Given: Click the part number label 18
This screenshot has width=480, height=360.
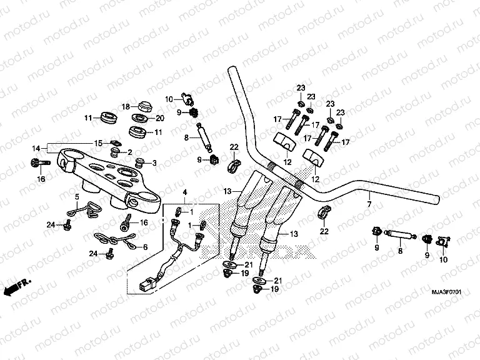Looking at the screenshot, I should [x=125, y=106].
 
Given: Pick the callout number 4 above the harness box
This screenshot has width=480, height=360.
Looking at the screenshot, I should [x=184, y=190].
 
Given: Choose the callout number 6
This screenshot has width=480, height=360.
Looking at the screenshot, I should [x=146, y=247].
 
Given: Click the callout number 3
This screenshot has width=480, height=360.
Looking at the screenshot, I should [x=155, y=163].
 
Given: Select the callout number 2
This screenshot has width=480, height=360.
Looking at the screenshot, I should [x=129, y=152].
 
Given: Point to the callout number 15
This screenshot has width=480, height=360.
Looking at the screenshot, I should [x=98, y=144].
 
